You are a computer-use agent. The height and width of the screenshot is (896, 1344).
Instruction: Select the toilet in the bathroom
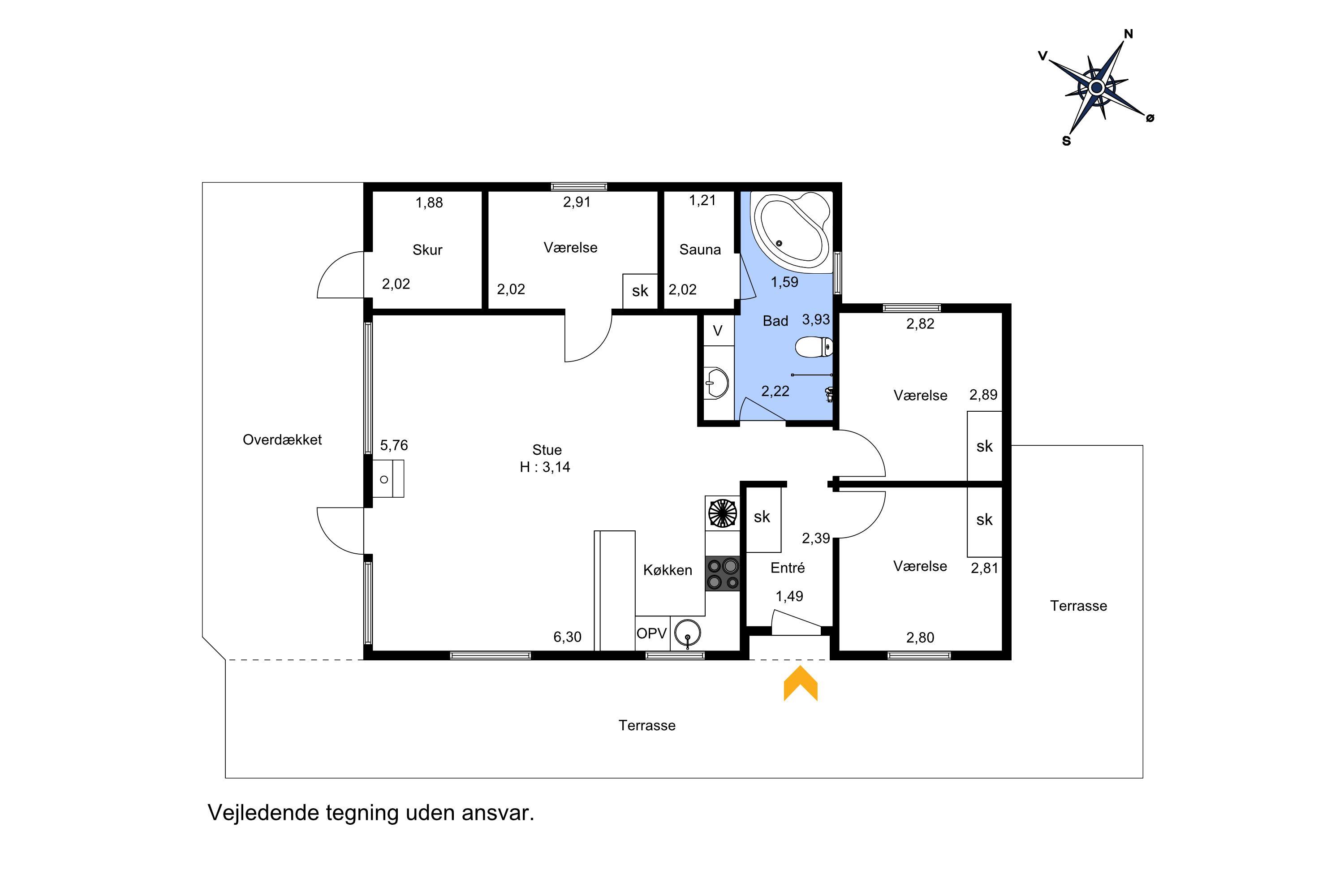(x=814, y=347)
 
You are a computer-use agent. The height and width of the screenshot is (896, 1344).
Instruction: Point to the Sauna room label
(x=700, y=250)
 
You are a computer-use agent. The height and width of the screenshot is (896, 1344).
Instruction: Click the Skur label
(x=427, y=250)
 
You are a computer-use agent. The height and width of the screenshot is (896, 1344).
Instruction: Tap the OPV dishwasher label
(x=651, y=633)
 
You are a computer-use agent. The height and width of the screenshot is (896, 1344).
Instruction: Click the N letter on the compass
(x=1128, y=34)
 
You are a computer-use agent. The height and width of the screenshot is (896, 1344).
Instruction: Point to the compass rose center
(x=1096, y=88)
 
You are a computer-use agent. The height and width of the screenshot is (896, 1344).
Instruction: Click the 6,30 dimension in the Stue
(x=568, y=637)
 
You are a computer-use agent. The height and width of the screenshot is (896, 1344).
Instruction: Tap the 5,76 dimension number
(x=394, y=445)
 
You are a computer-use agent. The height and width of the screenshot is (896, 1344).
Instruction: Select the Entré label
(x=788, y=568)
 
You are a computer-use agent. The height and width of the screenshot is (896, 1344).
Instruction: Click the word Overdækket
(x=282, y=440)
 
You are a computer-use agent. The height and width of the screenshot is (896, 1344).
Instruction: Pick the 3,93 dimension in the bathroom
(x=816, y=319)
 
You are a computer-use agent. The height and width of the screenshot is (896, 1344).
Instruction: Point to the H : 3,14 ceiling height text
(x=545, y=467)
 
